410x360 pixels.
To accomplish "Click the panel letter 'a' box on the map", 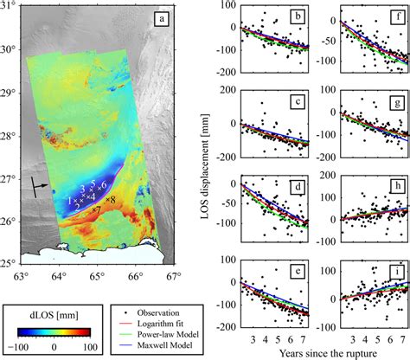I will pos(160,18).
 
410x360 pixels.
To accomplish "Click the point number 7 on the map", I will pos(96,209).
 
